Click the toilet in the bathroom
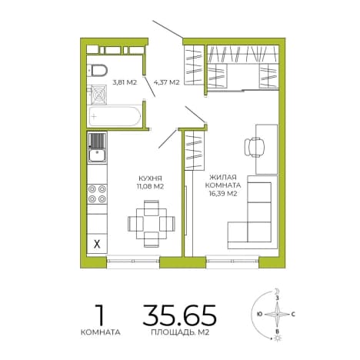click(x=98, y=70)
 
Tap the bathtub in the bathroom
click(x=115, y=116)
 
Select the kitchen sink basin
click(x=97, y=155)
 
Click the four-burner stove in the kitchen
click(x=97, y=194)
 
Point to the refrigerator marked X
click(x=97, y=244)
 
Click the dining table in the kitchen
click(x=152, y=224)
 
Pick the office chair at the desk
click(x=254, y=147)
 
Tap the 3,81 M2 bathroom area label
click(x=125, y=82)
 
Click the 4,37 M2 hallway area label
click(x=166, y=82)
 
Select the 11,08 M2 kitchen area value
click(x=150, y=186)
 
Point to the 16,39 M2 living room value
click(x=223, y=194)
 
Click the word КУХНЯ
click(x=150, y=178)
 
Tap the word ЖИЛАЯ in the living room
click(x=223, y=177)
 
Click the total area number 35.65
click(x=179, y=315)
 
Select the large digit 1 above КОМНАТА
click(x=100, y=315)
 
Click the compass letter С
click(x=293, y=314)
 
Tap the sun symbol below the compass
click(x=277, y=338)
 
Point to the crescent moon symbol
click(x=276, y=291)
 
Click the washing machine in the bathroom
click(x=98, y=95)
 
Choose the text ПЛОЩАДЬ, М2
click(x=180, y=332)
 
